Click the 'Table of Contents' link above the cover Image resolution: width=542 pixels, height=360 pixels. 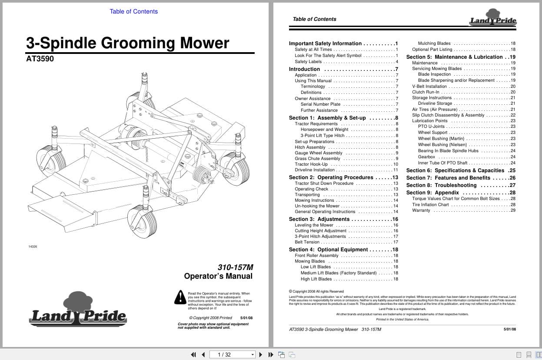click(133, 12)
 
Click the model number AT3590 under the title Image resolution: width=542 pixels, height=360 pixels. click(40, 59)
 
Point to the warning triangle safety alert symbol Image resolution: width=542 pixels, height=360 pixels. click(180, 297)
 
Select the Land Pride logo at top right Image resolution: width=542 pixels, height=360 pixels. click(492, 18)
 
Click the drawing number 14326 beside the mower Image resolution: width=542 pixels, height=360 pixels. click(33, 247)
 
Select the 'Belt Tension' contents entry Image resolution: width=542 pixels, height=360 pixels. click(307, 242)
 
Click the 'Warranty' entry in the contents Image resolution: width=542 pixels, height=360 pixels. click(421, 210)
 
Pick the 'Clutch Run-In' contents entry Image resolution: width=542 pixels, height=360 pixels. click(426, 92)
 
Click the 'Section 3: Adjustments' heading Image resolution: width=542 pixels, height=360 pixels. click(319, 219)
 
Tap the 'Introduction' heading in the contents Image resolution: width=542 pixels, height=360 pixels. click(304, 69)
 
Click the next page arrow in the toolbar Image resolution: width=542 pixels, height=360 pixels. click(261, 355)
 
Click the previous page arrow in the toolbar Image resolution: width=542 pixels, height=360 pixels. click(203, 355)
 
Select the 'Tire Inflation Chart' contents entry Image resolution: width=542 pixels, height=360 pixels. click(430, 205)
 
